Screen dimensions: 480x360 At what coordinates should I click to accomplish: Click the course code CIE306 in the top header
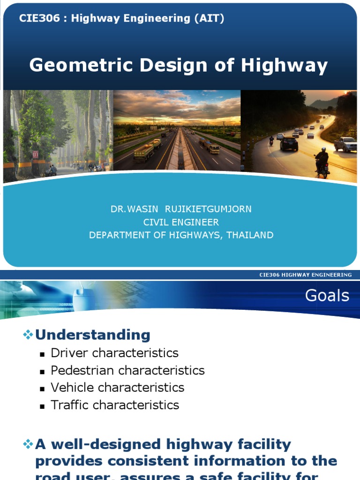click(x=35, y=19)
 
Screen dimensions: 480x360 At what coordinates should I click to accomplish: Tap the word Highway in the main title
click(x=284, y=66)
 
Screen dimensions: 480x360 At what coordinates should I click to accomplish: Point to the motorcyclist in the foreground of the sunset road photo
click(x=322, y=162)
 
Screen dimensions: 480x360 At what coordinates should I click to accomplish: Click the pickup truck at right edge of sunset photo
click(x=345, y=144)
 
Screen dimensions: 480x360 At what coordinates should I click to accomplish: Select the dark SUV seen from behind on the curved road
click(x=288, y=143)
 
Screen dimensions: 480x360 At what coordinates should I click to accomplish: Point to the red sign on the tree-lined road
click(x=36, y=154)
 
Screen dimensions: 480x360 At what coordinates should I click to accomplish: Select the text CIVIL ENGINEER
click(x=181, y=222)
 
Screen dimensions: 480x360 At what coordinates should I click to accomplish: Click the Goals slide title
click(x=327, y=295)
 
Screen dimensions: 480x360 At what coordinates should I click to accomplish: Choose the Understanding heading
click(x=93, y=335)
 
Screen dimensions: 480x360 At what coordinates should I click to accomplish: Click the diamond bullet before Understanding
click(x=28, y=335)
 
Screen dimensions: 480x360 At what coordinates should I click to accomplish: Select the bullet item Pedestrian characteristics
click(x=127, y=370)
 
